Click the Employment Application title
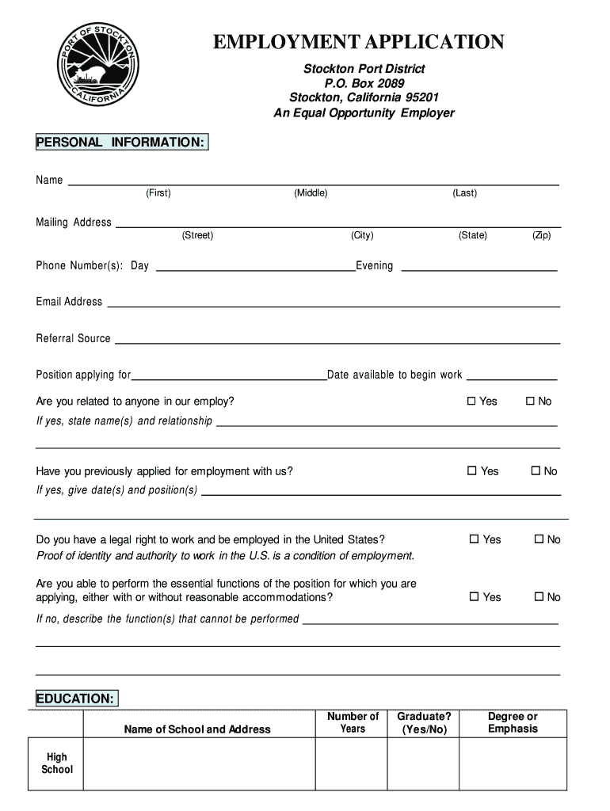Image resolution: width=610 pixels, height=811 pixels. point(358,42)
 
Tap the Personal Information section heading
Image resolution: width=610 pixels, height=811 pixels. point(121,142)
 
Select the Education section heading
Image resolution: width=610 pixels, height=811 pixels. point(76,699)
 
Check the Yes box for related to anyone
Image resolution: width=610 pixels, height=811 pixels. point(471,402)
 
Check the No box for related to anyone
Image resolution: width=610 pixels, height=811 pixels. point(531,402)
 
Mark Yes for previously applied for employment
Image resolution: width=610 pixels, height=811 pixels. point(472,471)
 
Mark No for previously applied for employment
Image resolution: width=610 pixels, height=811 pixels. point(536,471)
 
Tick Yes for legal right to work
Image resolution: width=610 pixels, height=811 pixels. point(474,539)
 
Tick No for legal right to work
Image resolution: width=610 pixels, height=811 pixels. point(539,539)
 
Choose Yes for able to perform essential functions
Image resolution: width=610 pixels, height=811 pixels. point(474,597)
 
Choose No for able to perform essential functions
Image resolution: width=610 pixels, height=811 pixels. point(539,597)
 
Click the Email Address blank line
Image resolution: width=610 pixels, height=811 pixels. point(334,304)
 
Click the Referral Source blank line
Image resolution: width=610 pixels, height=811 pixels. point(337,341)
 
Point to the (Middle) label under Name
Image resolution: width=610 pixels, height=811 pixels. point(311,193)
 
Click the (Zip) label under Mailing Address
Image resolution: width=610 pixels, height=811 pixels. point(542,235)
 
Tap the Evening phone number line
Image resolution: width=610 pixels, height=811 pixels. point(480,268)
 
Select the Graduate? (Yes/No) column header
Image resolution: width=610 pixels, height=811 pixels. point(424,722)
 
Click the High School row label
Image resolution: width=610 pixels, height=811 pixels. point(56,763)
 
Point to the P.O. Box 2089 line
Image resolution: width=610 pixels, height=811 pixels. point(364,83)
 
